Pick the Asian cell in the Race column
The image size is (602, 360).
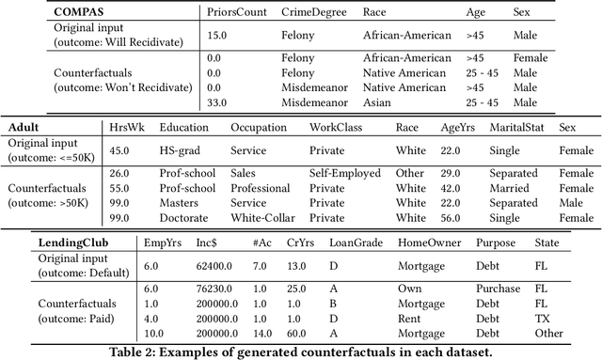376,101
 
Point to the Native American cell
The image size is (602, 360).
404,71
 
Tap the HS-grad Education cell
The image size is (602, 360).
181,149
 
